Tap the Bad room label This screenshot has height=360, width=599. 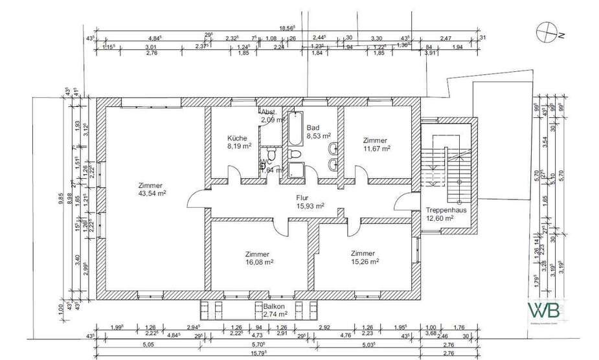[313, 128]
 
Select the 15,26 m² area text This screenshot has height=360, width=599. [365, 262]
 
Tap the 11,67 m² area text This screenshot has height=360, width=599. [376, 148]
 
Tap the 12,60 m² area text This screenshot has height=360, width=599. [440, 218]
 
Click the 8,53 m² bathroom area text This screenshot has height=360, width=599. [318, 136]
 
